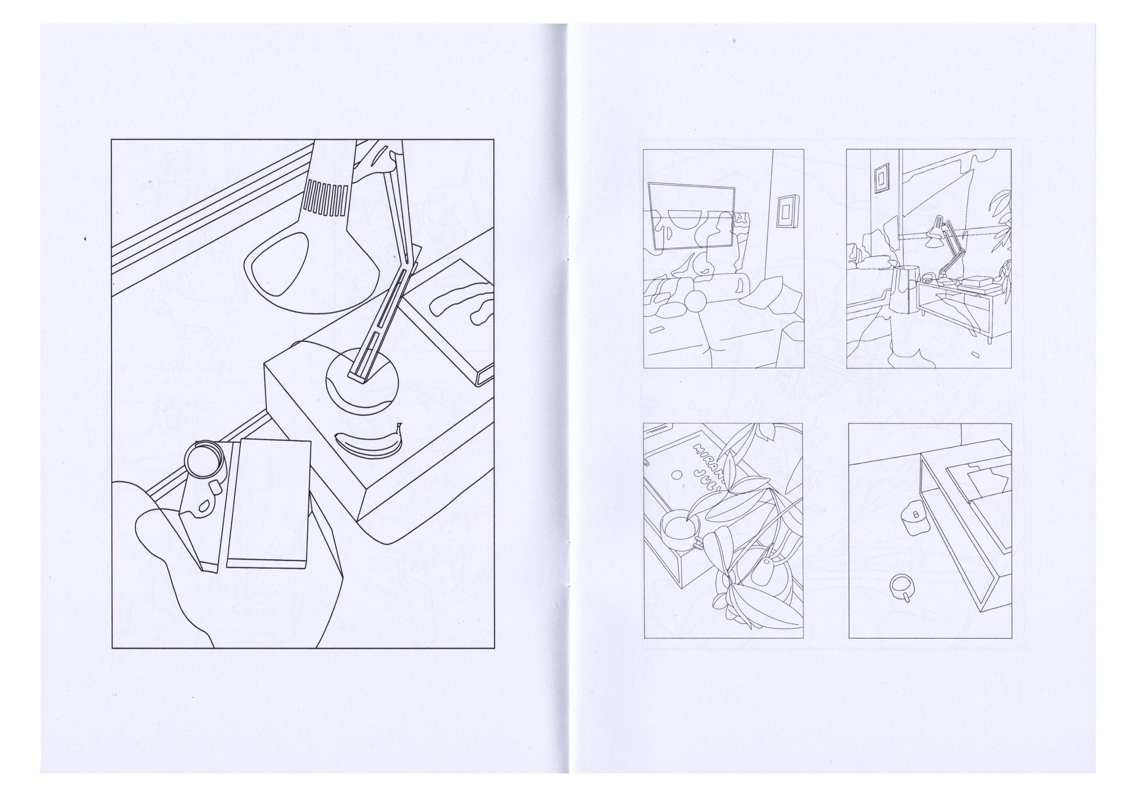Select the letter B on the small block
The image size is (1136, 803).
[915, 515]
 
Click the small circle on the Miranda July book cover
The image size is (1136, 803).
[676, 474]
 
